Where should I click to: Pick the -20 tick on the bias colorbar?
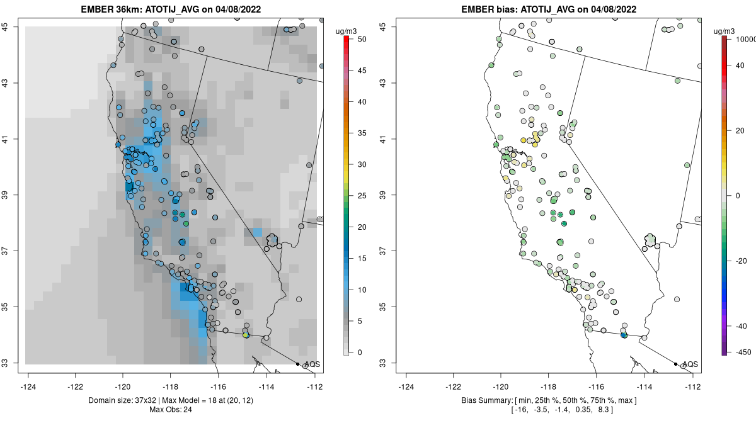(740, 261)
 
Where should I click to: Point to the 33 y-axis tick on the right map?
(391, 363)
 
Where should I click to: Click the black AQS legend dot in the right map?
(675, 364)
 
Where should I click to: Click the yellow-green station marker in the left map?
(246, 335)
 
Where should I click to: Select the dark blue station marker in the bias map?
(624, 335)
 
